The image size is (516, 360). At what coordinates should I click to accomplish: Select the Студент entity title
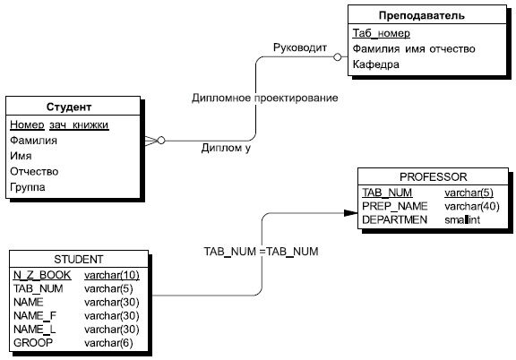pyautogui.click(x=72, y=107)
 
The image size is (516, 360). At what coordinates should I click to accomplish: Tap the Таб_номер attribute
pyautogui.click(x=381, y=33)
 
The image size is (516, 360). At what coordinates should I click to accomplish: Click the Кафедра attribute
pyautogui.click(x=375, y=65)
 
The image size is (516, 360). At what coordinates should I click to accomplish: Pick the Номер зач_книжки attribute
pyautogui.click(x=58, y=124)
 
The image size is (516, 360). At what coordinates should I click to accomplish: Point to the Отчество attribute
pyautogui.click(x=34, y=171)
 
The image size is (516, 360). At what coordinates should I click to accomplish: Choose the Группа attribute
pyautogui.click(x=29, y=187)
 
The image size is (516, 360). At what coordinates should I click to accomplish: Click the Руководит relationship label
pyautogui.click(x=300, y=47)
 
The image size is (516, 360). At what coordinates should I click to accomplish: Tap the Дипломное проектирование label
pyautogui.click(x=264, y=98)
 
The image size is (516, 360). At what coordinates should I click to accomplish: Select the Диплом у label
pyautogui.click(x=226, y=149)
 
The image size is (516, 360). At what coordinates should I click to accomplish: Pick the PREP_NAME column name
pyautogui.click(x=391, y=206)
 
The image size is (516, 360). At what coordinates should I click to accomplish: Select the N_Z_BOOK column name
pyautogui.click(x=41, y=274)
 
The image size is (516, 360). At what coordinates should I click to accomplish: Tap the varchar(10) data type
pyautogui.click(x=110, y=274)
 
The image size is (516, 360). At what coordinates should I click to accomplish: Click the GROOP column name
pyautogui.click(x=33, y=343)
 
